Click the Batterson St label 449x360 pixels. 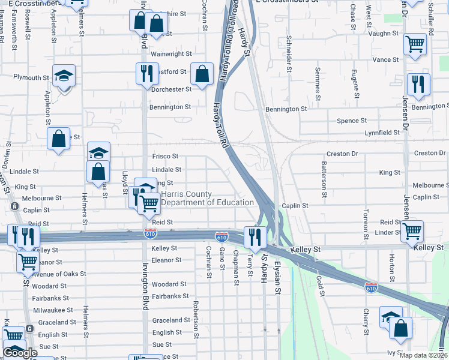pos(324,179)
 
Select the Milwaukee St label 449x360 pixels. pos(53,310)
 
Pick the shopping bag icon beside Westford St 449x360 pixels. pos(202,73)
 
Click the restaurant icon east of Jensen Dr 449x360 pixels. pos(418,84)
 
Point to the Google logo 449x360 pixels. pos(20,353)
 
